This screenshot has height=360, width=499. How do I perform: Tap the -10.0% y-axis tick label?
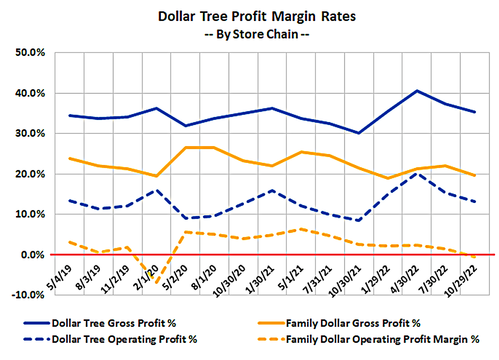[x=30, y=295]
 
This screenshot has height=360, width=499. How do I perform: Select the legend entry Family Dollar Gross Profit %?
[x=353, y=323]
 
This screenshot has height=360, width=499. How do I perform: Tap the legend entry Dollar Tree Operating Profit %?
[x=124, y=339]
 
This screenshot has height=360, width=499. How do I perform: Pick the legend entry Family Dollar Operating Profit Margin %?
[x=382, y=339]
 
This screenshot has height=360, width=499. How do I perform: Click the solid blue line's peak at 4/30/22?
[x=417, y=91]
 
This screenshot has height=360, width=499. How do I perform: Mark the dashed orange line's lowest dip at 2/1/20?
[x=157, y=282]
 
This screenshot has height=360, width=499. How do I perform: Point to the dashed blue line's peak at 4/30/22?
[x=417, y=173]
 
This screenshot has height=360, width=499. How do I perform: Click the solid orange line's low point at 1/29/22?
[x=388, y=178]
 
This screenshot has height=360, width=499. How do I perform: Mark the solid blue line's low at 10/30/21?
[x=359, y=133]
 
